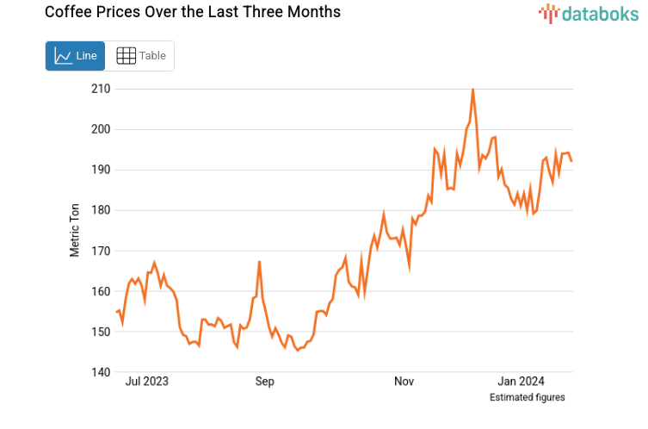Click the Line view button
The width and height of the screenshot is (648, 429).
[x=75, y=56]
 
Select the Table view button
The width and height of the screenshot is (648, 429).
[x=140, y=56]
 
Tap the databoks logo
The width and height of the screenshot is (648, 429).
[x=589, y=13]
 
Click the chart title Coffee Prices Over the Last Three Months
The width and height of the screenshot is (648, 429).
[x=181, y=12]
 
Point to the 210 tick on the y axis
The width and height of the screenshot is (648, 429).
[x=100, y=89]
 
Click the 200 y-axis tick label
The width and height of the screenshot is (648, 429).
[x=100, y=129]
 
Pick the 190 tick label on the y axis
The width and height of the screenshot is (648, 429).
[x=100, y=170]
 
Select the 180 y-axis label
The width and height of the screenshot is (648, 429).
[x=100, y=210]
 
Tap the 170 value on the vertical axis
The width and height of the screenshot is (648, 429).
[x=100, y=251]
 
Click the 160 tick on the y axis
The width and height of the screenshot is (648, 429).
[x=100, y=291]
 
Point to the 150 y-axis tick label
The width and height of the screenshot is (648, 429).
[x=100, y=332]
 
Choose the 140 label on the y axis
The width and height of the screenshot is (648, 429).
[x=100, y=372]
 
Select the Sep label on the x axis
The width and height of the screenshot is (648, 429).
[x=264, y=382]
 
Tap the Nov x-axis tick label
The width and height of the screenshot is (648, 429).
[x=404, y=382]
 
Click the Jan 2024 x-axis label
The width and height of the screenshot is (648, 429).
[x=521, y=382]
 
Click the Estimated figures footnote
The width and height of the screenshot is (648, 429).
[x=527, y=397]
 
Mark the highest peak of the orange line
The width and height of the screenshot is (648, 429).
[x=472, y=90]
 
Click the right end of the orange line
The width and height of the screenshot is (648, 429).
[x=571, y=160]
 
